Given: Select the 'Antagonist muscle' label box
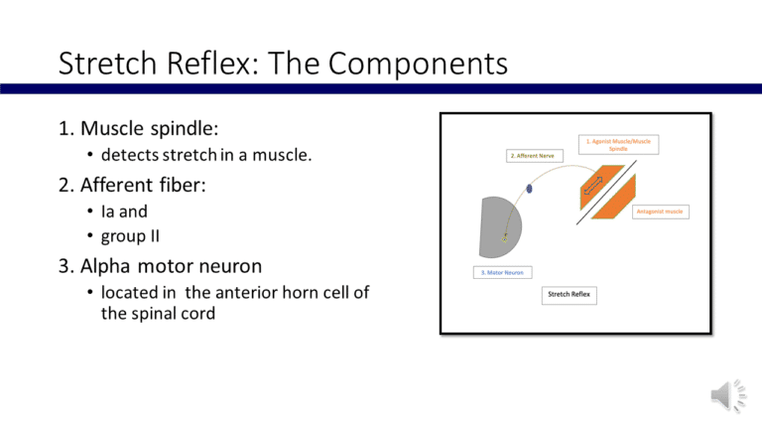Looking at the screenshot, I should coord(661,211).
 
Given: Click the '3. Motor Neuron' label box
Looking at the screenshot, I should coord(501,272).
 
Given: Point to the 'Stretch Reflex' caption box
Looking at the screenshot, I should coord(571,295).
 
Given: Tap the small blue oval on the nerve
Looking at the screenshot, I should coord(530,188).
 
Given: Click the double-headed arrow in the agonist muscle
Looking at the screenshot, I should coord(593,184).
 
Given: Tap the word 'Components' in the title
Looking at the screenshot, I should coord(416,67).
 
